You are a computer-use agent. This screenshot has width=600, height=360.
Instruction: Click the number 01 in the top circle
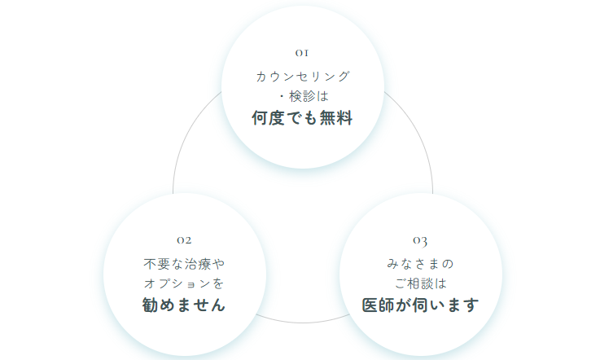pos(302,53)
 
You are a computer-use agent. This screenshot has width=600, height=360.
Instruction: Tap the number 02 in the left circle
pos(184,240)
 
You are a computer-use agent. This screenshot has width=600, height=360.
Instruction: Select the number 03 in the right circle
pos(420,241)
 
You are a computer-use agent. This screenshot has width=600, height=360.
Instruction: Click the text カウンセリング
pos(303,77)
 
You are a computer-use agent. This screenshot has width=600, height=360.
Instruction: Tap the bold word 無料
pos(336,117)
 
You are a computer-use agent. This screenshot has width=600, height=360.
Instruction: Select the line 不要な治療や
pos(184,264)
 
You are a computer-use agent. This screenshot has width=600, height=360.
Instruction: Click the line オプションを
pos(184,283)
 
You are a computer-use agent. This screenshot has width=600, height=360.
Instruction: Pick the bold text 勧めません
pos(184,305)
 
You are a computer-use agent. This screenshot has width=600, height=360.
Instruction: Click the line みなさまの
pos(420,264)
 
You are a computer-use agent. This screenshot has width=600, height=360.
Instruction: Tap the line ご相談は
pos(421,283)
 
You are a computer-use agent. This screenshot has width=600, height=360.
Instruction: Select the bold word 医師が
pos(387,305)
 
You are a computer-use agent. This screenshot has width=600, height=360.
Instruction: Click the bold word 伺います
pos(446,305)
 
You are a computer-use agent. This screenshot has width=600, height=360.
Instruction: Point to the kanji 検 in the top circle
pos(296,96)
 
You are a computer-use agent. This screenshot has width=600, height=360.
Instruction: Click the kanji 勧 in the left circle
pos(150,305)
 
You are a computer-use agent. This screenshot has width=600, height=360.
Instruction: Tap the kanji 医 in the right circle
pos(370,305)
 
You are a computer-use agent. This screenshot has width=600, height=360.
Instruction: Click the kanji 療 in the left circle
pos(204,264)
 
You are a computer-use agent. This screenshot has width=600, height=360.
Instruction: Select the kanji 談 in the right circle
pos(427,283)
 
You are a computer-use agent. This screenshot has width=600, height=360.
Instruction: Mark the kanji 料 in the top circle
pos(344,117)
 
